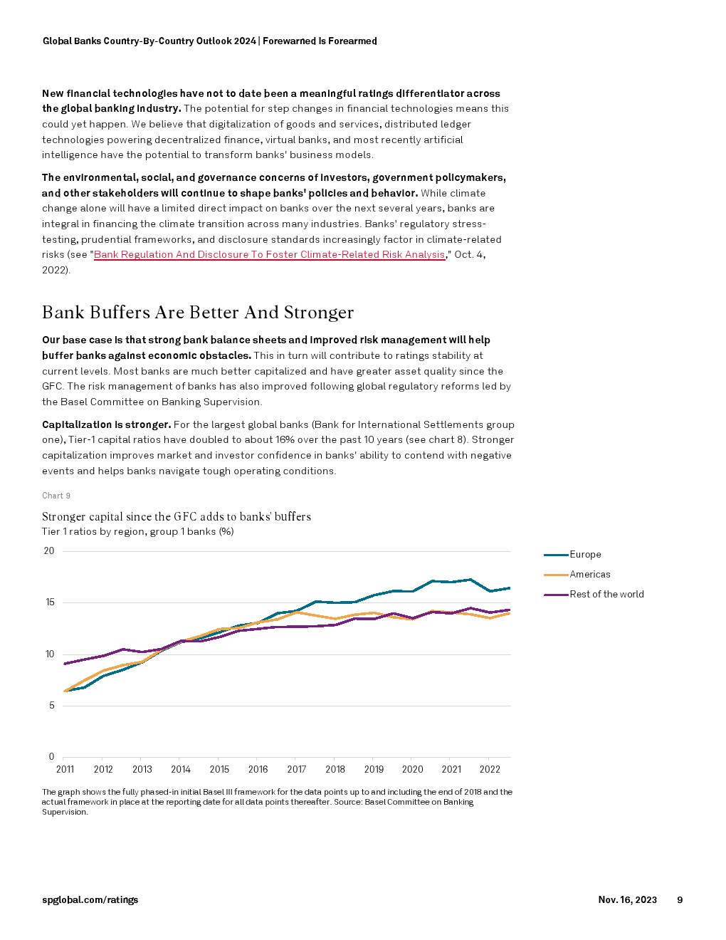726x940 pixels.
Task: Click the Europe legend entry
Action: coord(585,555)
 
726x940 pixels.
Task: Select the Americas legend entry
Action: coord(589,575)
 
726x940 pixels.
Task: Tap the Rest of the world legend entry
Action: coord(606,595)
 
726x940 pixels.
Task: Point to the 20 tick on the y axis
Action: coord(49,551)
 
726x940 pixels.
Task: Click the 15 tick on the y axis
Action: coord(50,602)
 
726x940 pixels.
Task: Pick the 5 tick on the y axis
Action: coord(51,706)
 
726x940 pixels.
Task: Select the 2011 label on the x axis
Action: coord(65,770)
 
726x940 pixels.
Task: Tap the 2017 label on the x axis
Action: coord(297,770)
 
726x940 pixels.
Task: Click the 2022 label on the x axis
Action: coord(490,770)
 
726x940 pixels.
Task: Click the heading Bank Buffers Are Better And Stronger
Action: coord(198,313)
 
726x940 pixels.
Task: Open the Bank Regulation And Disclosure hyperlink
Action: coord(269,255)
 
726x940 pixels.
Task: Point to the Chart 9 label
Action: coord(56,496)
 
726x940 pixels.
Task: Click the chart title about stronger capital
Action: coord(177,517)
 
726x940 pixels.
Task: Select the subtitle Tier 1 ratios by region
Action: coord(138,532)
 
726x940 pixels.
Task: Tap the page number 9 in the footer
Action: coord(680,900)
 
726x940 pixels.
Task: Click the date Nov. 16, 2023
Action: coord(627,900)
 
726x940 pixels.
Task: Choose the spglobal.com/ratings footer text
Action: coord(90,900)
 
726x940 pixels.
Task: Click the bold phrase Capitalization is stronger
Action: coord(107,425)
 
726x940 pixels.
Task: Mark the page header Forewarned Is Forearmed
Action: coord(320,41)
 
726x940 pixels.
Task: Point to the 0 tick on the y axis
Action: coord(51,757)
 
